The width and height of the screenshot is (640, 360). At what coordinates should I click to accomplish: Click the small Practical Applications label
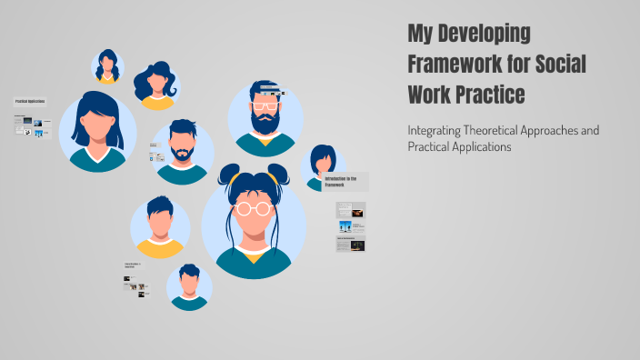(x=29, y=102)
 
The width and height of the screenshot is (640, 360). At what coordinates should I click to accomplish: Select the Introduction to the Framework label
(x=346, y=180)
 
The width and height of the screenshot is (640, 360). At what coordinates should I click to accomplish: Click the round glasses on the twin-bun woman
(x=254, y=207)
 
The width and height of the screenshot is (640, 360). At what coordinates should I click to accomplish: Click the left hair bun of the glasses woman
(x=228, y=173)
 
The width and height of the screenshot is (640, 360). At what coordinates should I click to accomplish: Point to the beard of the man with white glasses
(x=265, y=122)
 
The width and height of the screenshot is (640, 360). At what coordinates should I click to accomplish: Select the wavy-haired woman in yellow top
(x=156, y=85)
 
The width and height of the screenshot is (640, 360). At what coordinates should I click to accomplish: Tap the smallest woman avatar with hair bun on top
(x=107, y=66)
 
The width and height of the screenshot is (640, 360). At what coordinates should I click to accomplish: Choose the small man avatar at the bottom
(x=189, y=287)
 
